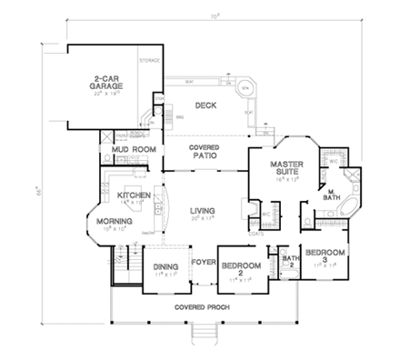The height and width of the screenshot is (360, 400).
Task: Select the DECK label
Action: pyautogui.click(x=203, y=106)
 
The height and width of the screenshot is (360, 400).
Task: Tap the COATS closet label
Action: pyautogui.click(x=256, y=234)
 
